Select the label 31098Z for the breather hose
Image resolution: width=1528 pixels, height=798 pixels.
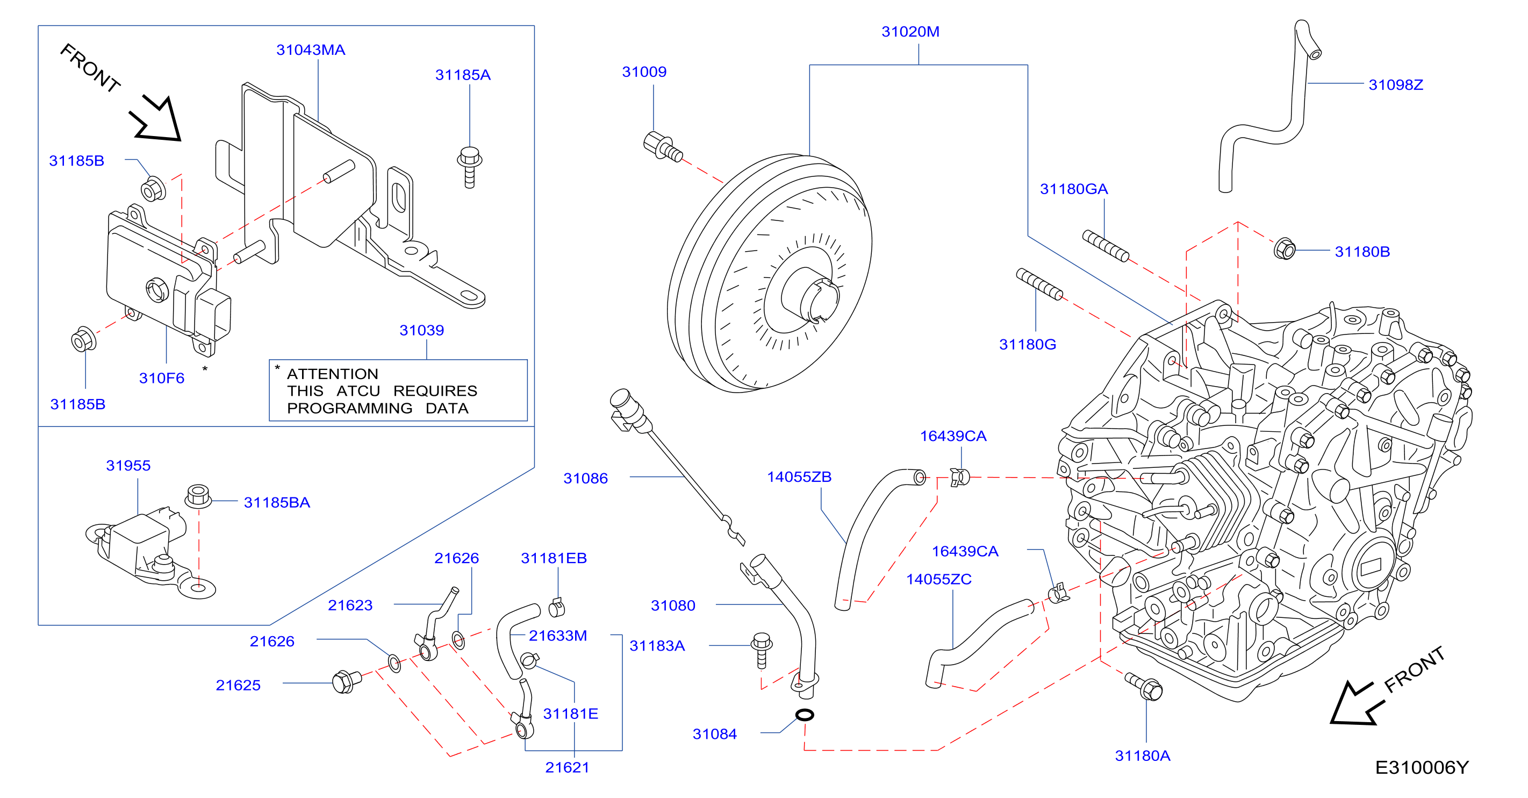click(x=1395, y=85)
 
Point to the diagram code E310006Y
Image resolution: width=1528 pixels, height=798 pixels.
click(x=1421, y=767)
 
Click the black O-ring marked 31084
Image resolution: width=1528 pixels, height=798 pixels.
click(x=805, y=715)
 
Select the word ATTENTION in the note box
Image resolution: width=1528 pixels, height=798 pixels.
click(x=332, y=374)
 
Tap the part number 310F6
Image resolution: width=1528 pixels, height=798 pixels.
click(x=161, y=378)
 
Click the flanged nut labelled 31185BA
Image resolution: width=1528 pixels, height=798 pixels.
click(x=198, y=496)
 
